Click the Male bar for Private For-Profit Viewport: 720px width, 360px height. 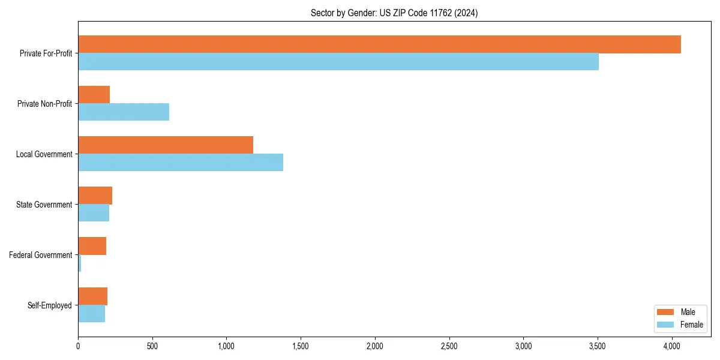379,44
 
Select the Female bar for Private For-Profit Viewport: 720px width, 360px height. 338,62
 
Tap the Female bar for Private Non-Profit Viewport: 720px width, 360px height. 124,112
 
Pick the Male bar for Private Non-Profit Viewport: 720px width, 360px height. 94,95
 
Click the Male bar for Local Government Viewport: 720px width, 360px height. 166,145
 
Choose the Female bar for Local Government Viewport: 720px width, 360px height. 181,163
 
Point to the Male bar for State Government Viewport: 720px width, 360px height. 95,196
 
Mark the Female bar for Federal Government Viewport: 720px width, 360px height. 80,263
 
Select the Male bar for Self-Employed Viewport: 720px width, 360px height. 93,296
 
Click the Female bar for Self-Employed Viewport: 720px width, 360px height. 92,314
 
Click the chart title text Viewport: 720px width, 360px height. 394,13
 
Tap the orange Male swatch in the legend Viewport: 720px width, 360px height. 666,312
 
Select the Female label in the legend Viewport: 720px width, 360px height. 692,325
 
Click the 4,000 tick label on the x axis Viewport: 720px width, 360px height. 672,346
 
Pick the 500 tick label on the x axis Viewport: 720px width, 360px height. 152,346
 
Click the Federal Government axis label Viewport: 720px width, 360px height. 41,255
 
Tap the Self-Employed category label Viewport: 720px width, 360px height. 50,305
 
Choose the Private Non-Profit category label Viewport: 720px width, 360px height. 44,104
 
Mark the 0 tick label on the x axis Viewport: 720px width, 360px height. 78,346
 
